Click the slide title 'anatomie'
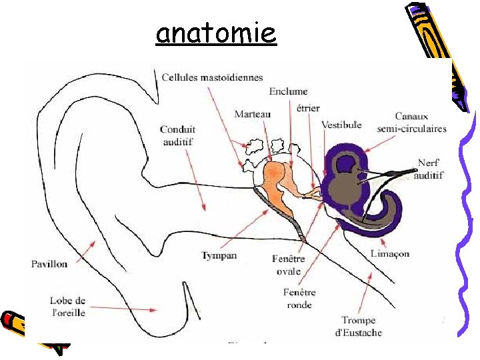coord(215,32)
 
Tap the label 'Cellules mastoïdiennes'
coord(212,77)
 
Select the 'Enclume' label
coord(288,91)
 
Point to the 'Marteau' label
coord(253,114)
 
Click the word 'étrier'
coord(308,107)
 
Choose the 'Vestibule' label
coord(341,125)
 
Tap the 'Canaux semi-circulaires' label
coord(411,123)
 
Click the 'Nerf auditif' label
coord(429,169)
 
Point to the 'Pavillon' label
coord(49,264)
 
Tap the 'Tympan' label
coord(219,255)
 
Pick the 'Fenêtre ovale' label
coord(289,265)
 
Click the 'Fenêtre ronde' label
coord(299,298)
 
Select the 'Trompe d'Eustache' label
coord(359,326)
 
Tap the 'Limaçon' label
coord(389,253)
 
